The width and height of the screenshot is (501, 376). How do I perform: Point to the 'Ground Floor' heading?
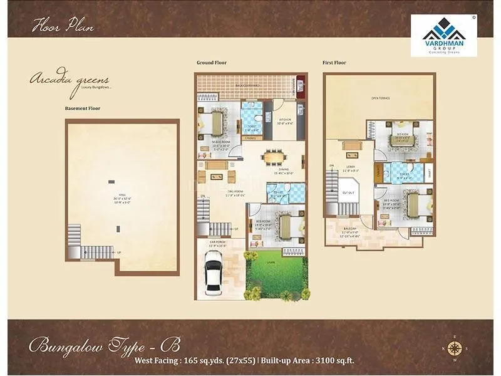coord(212,63)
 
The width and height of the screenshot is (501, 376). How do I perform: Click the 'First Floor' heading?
coord(335,63)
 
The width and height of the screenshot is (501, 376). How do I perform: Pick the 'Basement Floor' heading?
coord(83,108)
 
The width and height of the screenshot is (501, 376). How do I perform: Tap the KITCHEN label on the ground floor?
coord(285,119)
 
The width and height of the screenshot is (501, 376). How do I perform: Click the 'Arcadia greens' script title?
coord(70,80)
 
